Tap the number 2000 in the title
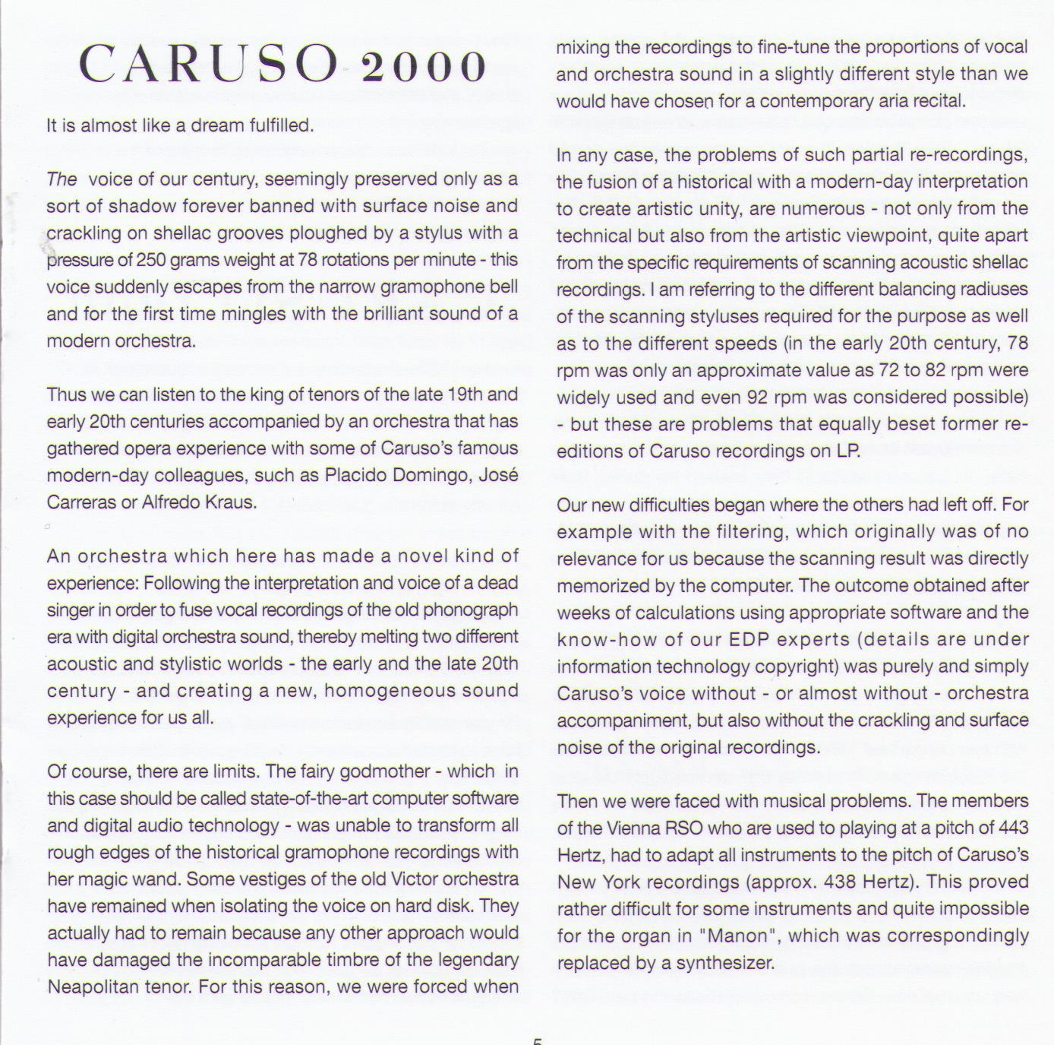tap(424, 68)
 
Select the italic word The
tap(62, 179)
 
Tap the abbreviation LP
tap(847, 451)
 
